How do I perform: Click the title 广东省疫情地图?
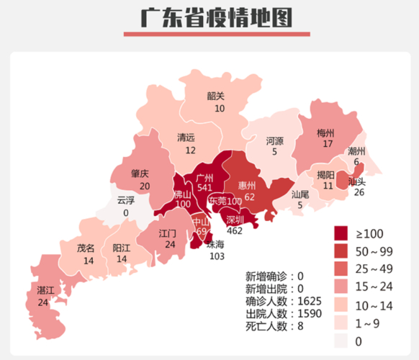[x=209, y=17]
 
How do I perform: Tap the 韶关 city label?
[x=216, y=96]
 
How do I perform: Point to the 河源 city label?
[x=274, y=140]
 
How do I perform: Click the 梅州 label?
[x=326, y=133]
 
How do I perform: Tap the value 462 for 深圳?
[x=235, y=231]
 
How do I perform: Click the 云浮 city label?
[x=125, y=201]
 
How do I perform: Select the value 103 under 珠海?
[x=217, y=256]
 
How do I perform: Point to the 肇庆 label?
[x=140, y=174]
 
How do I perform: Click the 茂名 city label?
[x=86, y=248]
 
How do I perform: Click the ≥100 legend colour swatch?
[x=341, y=233]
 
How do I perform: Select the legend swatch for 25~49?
[x=341, y=269]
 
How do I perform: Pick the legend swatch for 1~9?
[x=341, y=323]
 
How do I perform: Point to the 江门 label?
[x=168, y=234]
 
